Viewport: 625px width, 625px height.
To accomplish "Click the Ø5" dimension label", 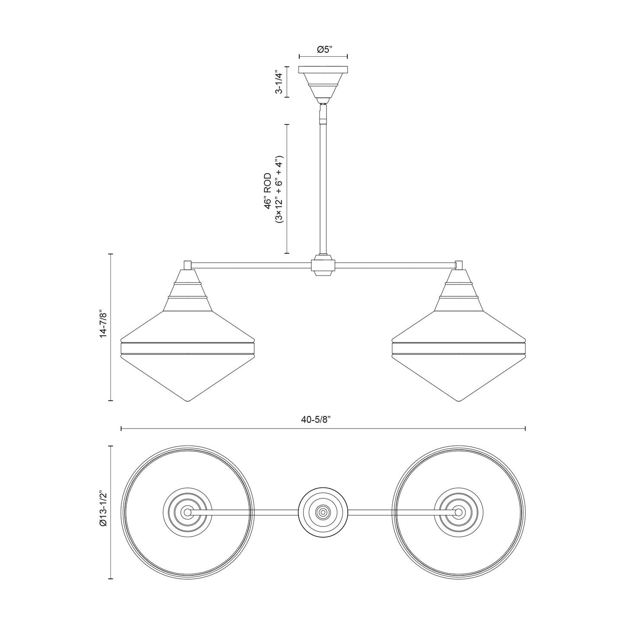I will click(x=324, y=50).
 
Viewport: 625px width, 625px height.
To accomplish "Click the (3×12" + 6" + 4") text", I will click(x=279, y=189).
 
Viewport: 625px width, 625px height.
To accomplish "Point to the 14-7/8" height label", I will click(x=103, y=323).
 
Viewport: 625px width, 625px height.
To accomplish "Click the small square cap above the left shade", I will click(x=188, y=265).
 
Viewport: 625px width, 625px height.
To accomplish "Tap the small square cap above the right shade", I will click(x=459, y=265).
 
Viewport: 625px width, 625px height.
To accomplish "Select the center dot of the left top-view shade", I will click(x=187, y=512).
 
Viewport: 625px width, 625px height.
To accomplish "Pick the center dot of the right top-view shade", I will click(x=458, y=512).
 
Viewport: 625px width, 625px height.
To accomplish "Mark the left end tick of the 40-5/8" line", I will click(x=121, y=429).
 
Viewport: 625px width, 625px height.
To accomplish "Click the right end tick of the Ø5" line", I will click(x=348, y=56).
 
